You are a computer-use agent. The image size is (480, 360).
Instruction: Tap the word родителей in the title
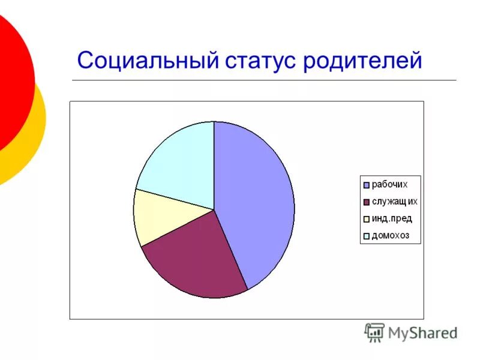[x=362, y=61]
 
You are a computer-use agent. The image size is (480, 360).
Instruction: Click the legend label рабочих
[x=390, y=184]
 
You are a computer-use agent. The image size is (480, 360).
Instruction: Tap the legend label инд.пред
[x=392, y=218]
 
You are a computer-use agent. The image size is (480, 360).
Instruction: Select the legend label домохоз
[x=391, y=235]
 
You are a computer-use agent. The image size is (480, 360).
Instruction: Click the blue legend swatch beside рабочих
[x=366, y=185]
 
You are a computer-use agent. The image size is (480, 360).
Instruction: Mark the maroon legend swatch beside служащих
[x=366, y=202]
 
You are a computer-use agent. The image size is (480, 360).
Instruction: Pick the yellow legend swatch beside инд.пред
[x=366, y=219]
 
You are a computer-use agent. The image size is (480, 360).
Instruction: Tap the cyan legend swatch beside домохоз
[x=366, y=236]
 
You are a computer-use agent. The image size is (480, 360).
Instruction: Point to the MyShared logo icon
[x=374, y=332]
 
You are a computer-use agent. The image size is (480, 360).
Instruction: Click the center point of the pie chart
[x=214, y=209]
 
